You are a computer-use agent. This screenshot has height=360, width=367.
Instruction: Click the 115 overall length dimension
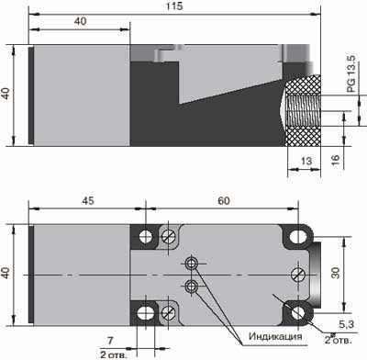[174, 6]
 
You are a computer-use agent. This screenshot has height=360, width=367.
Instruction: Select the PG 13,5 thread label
[351, 73]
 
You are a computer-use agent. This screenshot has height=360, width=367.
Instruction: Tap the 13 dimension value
[306, 161]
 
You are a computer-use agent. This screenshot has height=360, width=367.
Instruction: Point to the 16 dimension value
[336, 160]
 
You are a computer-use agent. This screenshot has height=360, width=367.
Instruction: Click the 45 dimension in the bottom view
[88, 200]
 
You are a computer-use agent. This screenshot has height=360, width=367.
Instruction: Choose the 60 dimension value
[224, 200]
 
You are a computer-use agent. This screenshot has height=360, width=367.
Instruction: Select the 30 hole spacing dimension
[336, 273]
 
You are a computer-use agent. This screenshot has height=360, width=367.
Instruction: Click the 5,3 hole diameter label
[346, 324]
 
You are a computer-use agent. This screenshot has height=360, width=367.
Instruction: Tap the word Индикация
[275, 336]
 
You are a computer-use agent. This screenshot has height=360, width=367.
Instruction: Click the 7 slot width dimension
[110, 340]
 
